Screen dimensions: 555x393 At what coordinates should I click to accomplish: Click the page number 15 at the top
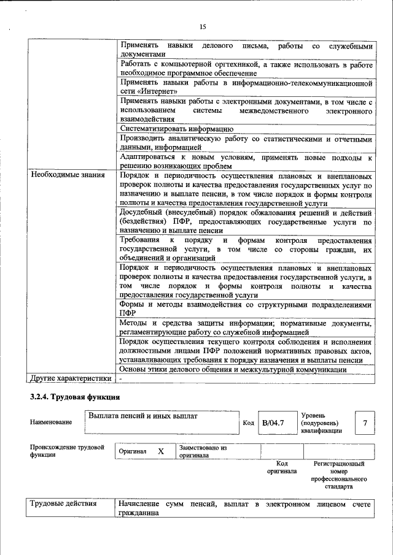pos(203,26)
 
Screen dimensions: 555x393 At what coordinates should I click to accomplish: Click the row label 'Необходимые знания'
pos(63,175)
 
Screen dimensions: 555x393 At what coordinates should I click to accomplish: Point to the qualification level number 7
pos(365,423)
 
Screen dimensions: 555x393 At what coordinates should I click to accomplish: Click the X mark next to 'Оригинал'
pos(161,451)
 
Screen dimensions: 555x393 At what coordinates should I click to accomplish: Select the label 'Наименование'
pos(50,422)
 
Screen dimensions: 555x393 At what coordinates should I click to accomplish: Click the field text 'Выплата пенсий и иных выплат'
pos(142,416)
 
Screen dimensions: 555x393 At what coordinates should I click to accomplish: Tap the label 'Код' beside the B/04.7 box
pos(248,423)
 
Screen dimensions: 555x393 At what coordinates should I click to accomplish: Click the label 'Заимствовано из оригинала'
pos(203,452)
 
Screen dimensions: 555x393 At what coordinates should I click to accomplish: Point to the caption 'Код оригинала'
pos(282,467)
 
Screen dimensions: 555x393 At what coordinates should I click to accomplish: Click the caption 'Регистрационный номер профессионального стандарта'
pos(339,475)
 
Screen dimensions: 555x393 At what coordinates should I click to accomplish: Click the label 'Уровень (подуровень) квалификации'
pos(323,423)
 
